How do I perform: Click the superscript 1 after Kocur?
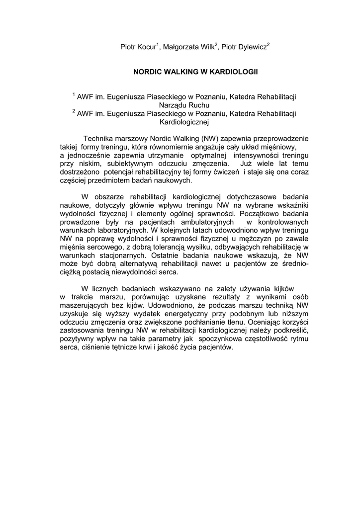(x=158, y=44)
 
